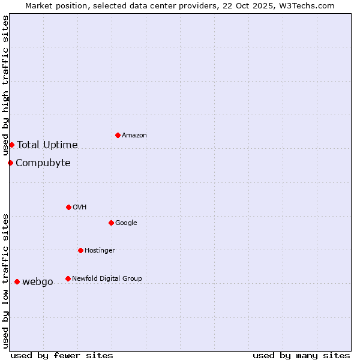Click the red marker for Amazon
[x=118, y=135]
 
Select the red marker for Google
[x=111, y=223]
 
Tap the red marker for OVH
[x=68, y=207]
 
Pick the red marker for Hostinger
[x=80, y=250]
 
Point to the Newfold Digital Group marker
[x=68, y=278]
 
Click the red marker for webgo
[x=17, y=281]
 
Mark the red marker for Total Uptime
[x=11, y=145]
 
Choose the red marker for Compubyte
[x=10, y=163]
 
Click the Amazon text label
[x=134, y=136]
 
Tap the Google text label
[x=126, y=223]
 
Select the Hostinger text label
[x=100, y=251]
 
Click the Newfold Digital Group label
[x=107, y=279]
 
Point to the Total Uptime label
[x=47, y=145]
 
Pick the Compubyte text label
[x=43, y=163]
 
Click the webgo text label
[x=38, y=282]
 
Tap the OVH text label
[x=80, y=208]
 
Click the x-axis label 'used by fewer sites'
[x=62, y=355]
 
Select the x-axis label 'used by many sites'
[x=301, y=355]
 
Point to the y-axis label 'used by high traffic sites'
[x=5, y=86]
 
